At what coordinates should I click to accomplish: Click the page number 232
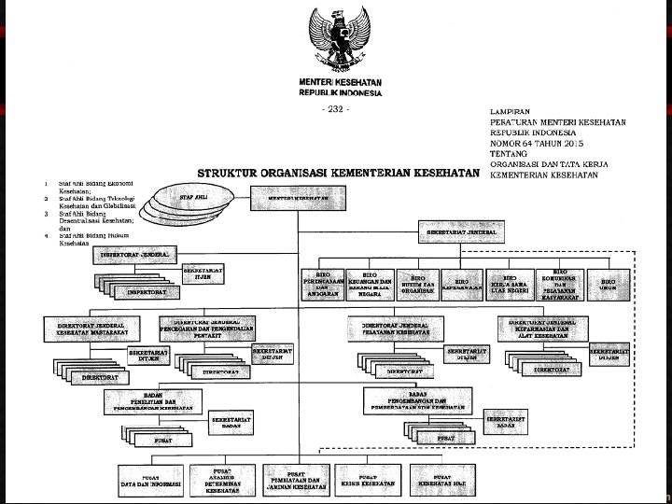tap(335, 109)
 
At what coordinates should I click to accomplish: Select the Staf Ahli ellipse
tap(193, 199)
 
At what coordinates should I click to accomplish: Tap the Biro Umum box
tap(609, 282)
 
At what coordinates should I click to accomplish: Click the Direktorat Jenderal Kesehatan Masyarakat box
tap(91, 328)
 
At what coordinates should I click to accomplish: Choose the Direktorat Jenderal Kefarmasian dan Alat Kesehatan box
tap(549, 328)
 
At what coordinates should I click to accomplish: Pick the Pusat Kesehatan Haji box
tap(441, 480)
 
